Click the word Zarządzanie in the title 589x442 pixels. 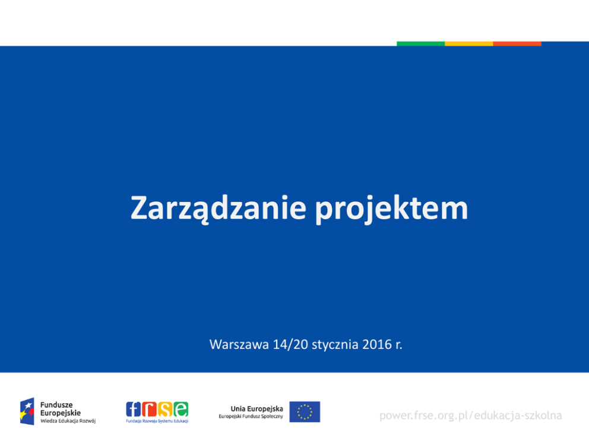[x=218, y=209]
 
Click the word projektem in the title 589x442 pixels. [x=392, y=209]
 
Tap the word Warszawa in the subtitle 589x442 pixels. [x=239, y=345]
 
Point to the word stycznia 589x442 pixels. [x=335, y=345]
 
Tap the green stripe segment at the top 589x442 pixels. [x=421, y=43]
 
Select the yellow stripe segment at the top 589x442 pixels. [x=469, y=43]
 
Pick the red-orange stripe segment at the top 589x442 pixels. [x=517, y=43]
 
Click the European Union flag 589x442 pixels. [x=305, y=412]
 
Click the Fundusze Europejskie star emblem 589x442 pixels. [x=27, y=411]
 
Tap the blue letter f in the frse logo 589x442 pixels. [x=134, y=409]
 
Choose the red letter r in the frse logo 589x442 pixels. [x=149, y=409]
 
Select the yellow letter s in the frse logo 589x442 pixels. [x=165, y=409]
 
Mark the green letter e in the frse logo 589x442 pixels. [x=180, y=409]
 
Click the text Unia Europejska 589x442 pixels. [x=256, y=409]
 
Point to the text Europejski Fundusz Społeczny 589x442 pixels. [x=251, y=416]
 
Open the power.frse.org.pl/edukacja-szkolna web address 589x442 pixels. [x=471, y=416]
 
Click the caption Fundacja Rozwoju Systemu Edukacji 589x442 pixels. [x=157, y=421]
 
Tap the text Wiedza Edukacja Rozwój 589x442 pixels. [x=68, y=421]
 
